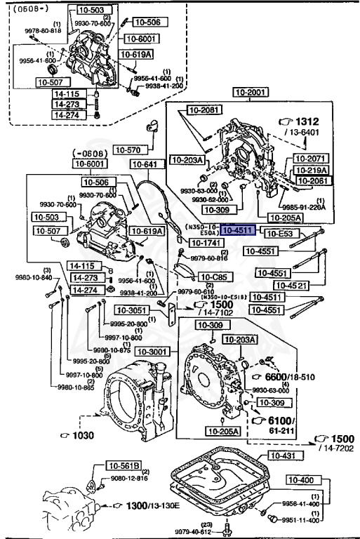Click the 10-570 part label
coord(128,149)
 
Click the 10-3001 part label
coord(153,351)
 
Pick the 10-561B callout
coord(124,465)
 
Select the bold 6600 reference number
coord(278,377)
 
